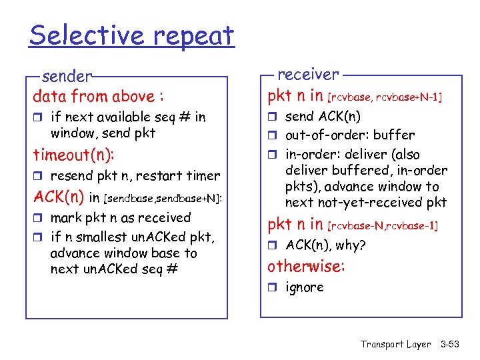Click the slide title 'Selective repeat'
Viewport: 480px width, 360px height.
[x=131, y=35]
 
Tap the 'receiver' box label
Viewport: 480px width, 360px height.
[x=307, y=74]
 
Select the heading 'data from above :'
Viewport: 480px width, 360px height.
[x=99, y=96]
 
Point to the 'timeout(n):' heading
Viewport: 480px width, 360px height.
[x=74, y=155]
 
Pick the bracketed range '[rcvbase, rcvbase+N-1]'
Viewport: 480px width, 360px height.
[x=383, y=97]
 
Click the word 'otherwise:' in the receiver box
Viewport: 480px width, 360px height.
[x=306, y=267]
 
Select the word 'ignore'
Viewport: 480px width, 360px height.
[x=304, y=287]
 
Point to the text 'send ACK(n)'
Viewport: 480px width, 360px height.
[x=323, y=117]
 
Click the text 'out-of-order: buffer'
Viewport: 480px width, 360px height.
[x=349, y=135]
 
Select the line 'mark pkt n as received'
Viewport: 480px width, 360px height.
[x=120, y=217]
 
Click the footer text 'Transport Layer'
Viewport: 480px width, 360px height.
[x=395, y=344]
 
